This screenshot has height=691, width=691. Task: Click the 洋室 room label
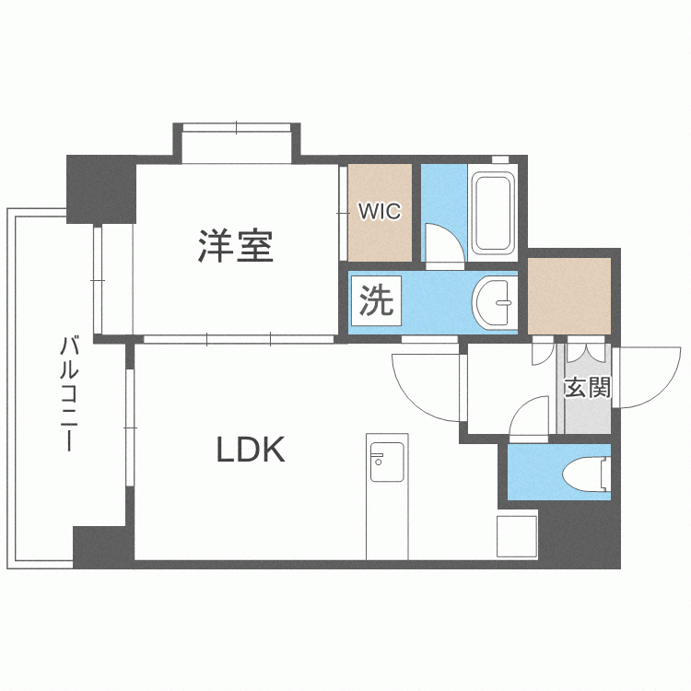[235, 246]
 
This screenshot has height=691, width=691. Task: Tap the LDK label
[251, 450]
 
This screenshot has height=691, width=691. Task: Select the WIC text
[379, 212]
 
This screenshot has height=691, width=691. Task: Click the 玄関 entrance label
[588, 388]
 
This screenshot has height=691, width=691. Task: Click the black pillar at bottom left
[100, 547]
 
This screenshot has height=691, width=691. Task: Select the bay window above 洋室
[236, 143]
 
